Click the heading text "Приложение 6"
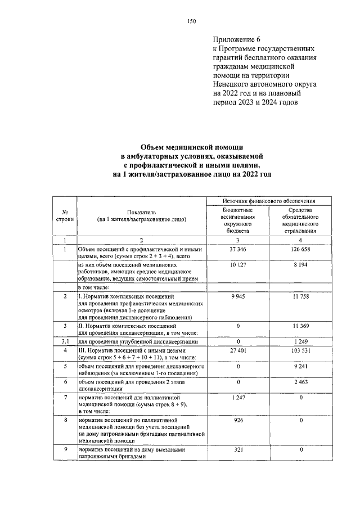[237, 39]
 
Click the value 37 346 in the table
[238, 249]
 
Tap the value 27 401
[238, 350]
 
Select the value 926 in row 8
[238, 420]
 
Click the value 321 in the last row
[238, 451]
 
